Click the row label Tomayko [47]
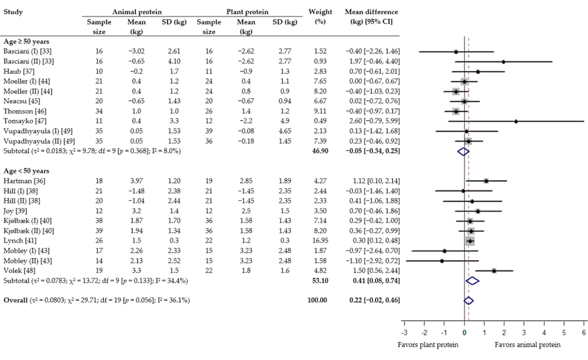tap(24, 121)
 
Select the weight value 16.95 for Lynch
tap(320, 241)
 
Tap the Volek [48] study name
tap(18, 271)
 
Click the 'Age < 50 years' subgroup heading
tap(26, 171)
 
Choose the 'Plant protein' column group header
tap(247, 12)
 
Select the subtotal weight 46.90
tap(320, 151)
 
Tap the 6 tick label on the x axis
tap(584, 333)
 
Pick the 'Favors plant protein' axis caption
tap(428, 345)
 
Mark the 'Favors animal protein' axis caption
tap(528, 345)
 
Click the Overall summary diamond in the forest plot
tap(468, 301)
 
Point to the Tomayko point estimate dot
tap(516, 121)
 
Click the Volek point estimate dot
tap(494, 271)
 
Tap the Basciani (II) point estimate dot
tap(504, 62)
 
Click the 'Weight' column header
tap(320, 12)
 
